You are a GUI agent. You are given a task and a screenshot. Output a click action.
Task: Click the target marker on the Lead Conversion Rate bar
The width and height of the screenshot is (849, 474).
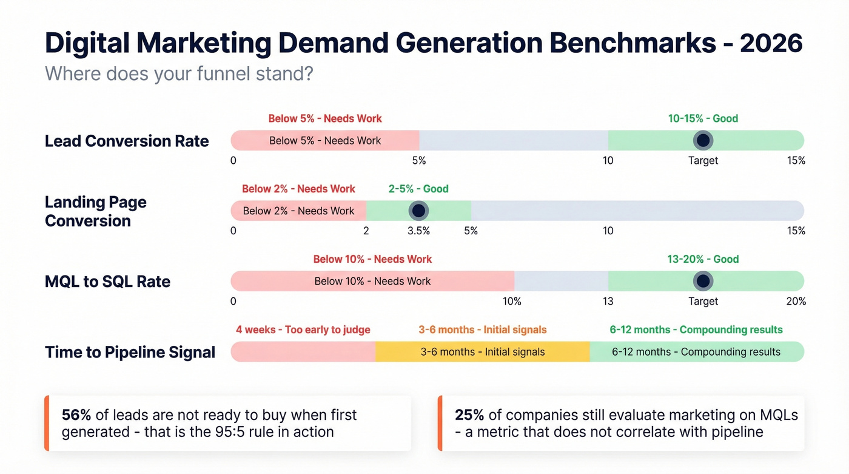pos(703,140)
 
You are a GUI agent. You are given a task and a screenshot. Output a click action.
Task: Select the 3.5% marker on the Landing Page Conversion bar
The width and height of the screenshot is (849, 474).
pos(418,211)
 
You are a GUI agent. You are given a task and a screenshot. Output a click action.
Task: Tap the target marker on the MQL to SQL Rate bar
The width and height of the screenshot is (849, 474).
pos(703,281)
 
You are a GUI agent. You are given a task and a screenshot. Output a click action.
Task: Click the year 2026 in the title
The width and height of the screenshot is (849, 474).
pos(771,44)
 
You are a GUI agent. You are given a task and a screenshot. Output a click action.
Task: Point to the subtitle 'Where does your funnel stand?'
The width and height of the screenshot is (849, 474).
pos(179,74)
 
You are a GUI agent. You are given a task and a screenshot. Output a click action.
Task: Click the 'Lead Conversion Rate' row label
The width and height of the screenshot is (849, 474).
pos(127,141)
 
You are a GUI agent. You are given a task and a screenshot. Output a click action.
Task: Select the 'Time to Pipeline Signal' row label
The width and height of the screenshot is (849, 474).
pos(130,352)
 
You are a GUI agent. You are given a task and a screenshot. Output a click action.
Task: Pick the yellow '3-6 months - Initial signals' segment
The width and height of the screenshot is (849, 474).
pos(482,351)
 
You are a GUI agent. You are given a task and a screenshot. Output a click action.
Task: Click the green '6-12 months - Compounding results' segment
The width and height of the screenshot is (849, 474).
pos(696,351)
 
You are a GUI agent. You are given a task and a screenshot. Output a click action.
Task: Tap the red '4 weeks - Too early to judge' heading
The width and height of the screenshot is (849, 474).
pos(303,330)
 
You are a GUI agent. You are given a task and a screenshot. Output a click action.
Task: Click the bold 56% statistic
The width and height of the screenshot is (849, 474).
pos(76,415)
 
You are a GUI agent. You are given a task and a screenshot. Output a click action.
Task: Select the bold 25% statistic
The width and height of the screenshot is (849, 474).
pos(469,415)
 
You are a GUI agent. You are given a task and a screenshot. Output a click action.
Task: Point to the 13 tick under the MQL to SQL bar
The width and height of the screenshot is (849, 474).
pos(608,301)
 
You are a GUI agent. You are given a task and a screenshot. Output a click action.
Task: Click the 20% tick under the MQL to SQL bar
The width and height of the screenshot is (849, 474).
pos(796,301)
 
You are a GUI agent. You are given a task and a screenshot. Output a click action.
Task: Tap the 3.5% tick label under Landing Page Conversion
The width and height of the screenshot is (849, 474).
pos(418,231)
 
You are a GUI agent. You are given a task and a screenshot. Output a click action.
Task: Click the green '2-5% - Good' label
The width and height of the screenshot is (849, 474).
pos(418,189)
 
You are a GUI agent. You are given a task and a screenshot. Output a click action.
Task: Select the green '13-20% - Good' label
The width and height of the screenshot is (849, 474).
pos(703,259)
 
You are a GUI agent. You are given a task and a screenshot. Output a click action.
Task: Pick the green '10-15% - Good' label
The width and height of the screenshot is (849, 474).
pos(703,118)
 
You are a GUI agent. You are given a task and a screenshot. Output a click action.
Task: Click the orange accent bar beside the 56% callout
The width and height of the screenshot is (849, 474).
pos(46,423)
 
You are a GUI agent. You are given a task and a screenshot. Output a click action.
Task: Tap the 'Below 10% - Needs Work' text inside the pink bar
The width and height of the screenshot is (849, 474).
pos(372,281)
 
